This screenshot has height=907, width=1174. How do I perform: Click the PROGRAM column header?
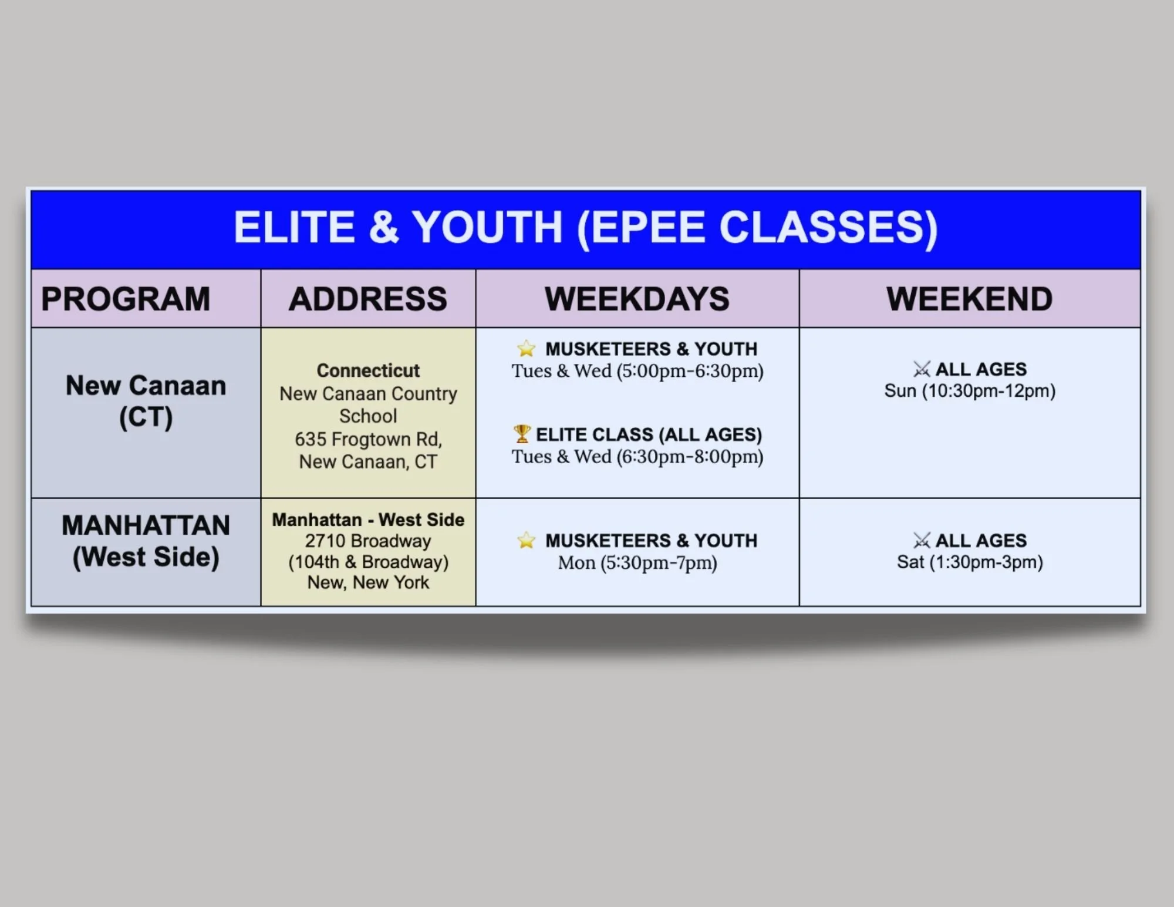coord(126,299)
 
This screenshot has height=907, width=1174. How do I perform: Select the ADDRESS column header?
coord(368,299)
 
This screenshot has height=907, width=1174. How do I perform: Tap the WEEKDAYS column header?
coord(637,299)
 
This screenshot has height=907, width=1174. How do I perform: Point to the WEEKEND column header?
coord(969,299)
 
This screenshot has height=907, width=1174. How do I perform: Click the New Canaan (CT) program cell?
coord(146,402)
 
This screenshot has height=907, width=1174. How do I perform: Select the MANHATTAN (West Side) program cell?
coord(146,541)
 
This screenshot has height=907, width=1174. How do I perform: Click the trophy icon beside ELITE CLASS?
coord(521,434)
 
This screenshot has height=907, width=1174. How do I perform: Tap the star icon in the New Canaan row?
coord(526,349)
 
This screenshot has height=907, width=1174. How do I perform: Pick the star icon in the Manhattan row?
coord(526,540)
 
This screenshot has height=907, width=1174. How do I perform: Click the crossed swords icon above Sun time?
coord(922,369)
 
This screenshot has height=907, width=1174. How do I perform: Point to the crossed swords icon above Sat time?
coord(922,540)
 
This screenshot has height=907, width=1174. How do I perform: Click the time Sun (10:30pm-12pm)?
coord(970,391)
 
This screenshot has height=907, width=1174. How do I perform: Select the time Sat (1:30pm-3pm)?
coord(970,562)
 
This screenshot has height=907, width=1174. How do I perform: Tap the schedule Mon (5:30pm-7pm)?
coord(637,563)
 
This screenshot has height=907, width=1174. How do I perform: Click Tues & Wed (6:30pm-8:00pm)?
coord(637,457)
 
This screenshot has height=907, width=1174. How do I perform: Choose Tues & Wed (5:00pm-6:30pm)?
coord(637,371)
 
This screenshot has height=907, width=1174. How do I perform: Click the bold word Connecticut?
coord(368,371)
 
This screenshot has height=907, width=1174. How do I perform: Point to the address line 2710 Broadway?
coord(368,541)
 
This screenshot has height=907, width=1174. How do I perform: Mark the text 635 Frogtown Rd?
coord(368,439)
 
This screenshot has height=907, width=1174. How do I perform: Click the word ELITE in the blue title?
coord(294,227)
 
